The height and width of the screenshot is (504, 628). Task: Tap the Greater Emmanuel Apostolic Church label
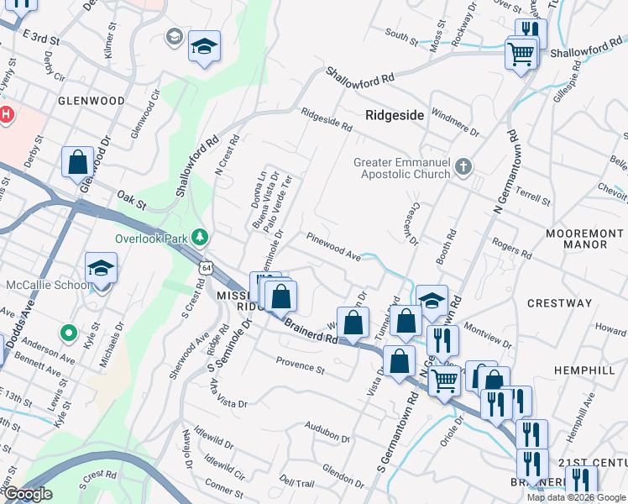coord(401,168)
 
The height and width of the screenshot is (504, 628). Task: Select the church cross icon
coord(463,168)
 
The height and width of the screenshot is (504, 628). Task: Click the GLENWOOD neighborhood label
coord(92,101)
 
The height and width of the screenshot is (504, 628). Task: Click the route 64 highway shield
coord(207,266)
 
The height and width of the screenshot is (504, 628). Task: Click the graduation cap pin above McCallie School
coord(101,268)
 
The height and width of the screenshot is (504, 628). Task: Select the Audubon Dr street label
coord(327,432)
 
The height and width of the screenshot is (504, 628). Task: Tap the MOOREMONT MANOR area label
coord(576,238)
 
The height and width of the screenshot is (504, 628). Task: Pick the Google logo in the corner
coord(28,495)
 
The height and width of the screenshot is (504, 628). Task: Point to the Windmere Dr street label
coord(454,123)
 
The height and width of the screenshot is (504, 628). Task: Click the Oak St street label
coord(132,199)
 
